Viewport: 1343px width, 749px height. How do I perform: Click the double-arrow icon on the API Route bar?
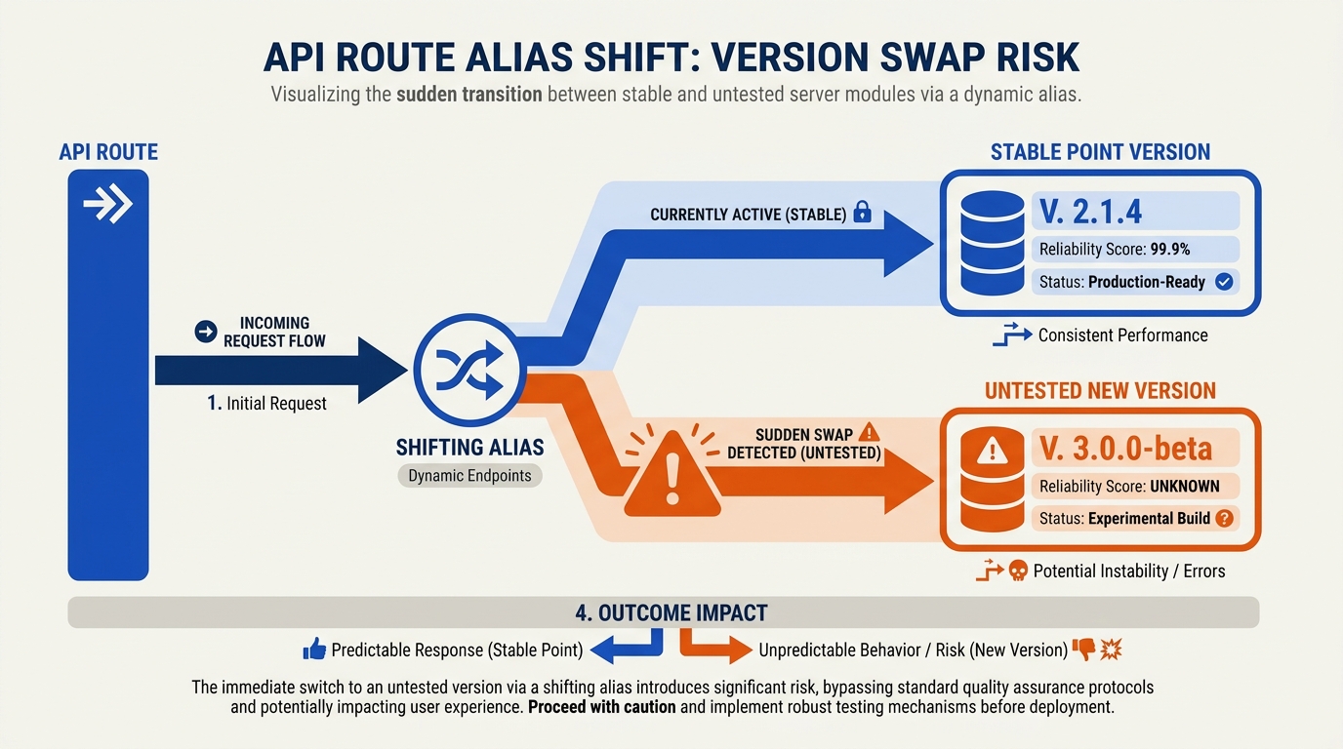click(108, 204)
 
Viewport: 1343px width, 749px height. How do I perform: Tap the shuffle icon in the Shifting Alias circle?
click(469, 370)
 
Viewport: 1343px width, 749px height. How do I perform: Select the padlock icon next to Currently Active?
click(862, 212)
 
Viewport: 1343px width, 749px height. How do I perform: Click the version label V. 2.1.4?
click(1090, 212)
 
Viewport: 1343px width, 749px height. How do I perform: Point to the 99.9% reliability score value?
click(1169, 250)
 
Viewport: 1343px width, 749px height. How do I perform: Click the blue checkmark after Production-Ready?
click(1224, 282)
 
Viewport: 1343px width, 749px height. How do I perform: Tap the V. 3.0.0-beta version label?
click(1125, 449)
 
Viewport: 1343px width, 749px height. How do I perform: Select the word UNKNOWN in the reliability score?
click(1185, 486)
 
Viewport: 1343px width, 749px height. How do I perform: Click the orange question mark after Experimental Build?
click(1224, 518)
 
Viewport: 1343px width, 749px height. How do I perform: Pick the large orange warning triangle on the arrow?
click(672, 475)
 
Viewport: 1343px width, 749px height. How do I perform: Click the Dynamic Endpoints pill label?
click(469, 476)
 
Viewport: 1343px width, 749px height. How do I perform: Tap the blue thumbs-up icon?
click(314, 649)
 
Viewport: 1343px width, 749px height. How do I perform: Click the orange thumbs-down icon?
click(1083, 649)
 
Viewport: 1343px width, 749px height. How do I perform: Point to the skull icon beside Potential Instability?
click(1018, 571)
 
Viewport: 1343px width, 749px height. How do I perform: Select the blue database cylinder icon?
click(993, 243)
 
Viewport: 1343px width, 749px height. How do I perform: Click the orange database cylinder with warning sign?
click(993, 480)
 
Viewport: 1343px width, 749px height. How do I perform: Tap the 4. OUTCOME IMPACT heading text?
click(671, 613)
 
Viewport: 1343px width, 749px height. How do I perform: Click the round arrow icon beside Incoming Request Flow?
click(206, 332)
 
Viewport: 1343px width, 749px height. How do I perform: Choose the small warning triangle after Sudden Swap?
click(869, 432)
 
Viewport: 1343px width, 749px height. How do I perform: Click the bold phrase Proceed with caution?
click(602, 707)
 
